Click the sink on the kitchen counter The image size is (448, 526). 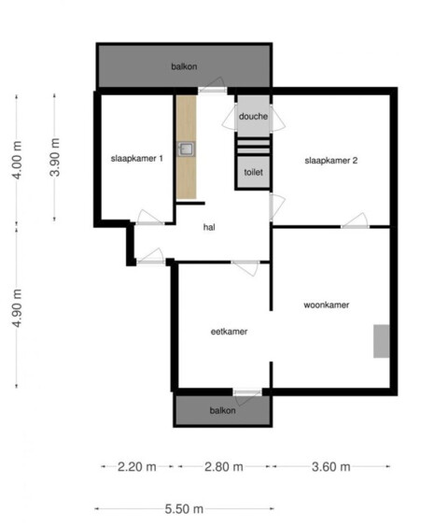click(x=186, y=149)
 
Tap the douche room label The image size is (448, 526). click(x=253, y=117)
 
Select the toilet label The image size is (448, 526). click(x=253, y=173)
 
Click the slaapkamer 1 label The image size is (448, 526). click(x=137, y=158)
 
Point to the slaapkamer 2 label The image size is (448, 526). click(x=331, y=161)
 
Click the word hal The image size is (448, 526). click(x=209, y=227)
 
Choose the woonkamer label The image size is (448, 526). click(x=327, y=305)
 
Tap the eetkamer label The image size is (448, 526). click(x=230, y=332)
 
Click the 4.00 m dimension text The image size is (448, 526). click(x=17, y=161)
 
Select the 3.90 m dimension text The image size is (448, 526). click(x=55, y=157)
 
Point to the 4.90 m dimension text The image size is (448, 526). click(x=17, y=308)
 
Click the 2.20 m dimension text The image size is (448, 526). click(x=136, y=466)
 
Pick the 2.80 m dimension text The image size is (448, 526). click(x=224, y=466)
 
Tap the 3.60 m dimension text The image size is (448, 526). click(x=331, y=466)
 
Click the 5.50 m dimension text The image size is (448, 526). click(x=184, y=509)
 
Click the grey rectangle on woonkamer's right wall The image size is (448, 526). click(x=382, y=341)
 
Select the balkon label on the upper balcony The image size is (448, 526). click(x=184, y=66)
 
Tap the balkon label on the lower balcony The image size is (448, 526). click(x=222, y=410)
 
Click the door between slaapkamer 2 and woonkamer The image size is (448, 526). click(x=356, y=221)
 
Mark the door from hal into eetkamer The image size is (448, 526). click(x=245, y=267)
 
